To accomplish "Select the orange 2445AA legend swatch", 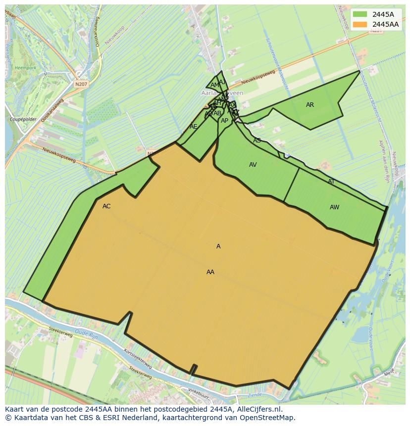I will point(360,24).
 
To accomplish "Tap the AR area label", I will point(310,105).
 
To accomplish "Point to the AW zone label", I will point(335,207).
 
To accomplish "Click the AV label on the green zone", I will point(253,165).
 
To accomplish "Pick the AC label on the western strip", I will point(106,206).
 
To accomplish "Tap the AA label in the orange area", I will point(210,272).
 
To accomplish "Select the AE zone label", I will point(194,127).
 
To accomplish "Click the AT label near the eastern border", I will point(331,182).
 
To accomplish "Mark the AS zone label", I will point(257,141).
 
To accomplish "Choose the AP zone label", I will point(225,121).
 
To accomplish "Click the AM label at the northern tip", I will point(214,85).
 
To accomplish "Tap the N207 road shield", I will point(81,85).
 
